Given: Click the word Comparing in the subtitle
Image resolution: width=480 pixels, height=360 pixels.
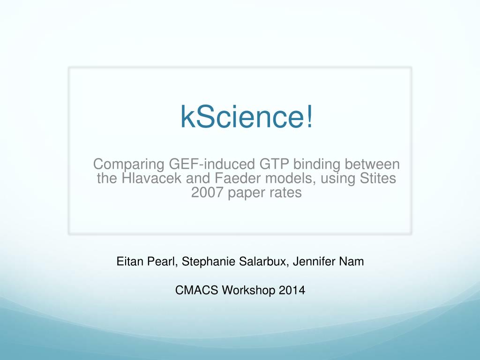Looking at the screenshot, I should (x=127, y=165).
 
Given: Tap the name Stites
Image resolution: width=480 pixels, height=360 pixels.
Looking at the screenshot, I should (x=375, y=179).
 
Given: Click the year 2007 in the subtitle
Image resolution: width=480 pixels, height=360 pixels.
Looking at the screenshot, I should (x=207, y=193).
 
